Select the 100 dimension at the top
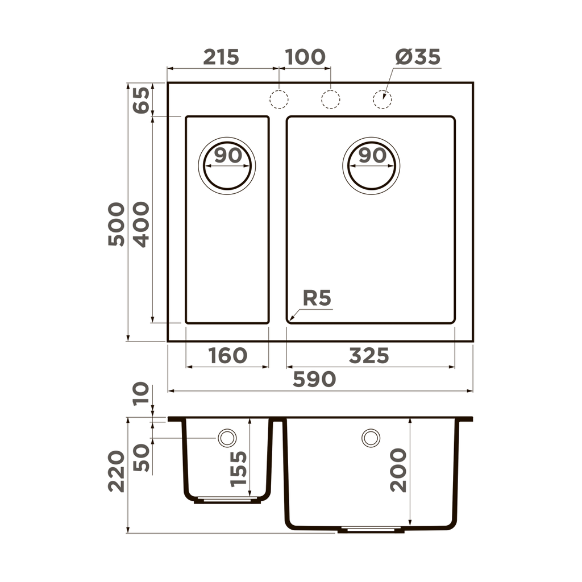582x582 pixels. (305, 57)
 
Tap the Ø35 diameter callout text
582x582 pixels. (418, 57)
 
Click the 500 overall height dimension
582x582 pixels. (116, 224)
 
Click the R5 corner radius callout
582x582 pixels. (317, 298)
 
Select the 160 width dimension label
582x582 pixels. (227, 356)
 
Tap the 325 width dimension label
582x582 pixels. (369, 356)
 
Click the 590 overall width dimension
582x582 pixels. (314, 380)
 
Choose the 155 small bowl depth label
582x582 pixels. (239, 468)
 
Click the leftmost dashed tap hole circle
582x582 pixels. (278, 99)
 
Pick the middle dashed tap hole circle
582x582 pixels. (330, 99)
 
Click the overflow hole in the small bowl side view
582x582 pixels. (227, 438)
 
